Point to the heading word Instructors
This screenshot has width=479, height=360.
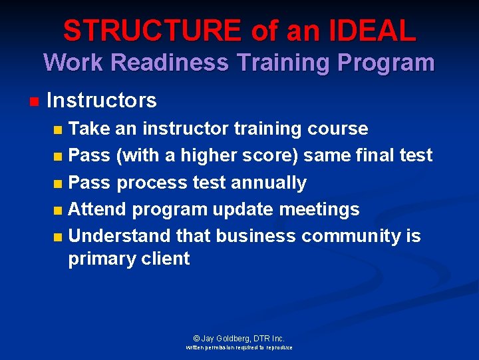(x=102, y=101)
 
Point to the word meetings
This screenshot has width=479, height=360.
(x=318, y=209)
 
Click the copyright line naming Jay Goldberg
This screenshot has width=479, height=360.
(x=239, y=339)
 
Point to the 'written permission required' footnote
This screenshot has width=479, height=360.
(x=239, y=347)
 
